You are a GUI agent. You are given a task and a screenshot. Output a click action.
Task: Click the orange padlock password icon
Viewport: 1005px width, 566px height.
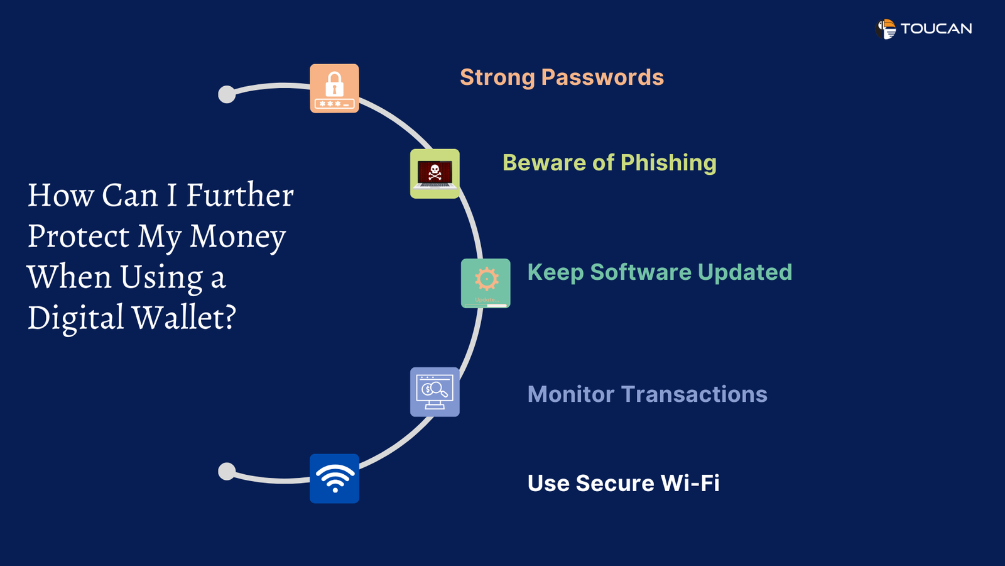(334, 89)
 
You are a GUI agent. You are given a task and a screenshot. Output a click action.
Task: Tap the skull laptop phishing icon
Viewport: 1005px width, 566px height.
(435, 174)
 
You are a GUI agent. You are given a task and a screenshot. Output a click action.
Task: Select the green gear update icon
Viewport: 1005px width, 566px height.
(486, 283)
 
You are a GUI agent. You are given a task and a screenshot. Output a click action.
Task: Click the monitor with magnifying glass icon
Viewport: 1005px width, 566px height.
(435, 392)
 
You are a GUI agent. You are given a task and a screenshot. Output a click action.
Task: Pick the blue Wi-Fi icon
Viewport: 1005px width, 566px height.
(334, 479)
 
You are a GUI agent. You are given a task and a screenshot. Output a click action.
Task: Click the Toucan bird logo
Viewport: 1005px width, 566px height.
(886, 29)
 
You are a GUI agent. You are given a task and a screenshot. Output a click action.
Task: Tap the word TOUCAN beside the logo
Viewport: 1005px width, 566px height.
(936, 29)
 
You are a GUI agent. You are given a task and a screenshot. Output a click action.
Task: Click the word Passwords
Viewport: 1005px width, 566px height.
(602, 77)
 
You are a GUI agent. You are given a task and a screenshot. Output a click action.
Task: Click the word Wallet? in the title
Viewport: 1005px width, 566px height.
(183, 318)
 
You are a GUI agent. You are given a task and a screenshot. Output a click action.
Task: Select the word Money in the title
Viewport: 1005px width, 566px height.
(237, 236)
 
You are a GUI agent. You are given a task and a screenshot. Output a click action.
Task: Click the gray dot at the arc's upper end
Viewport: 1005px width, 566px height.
(227, 94)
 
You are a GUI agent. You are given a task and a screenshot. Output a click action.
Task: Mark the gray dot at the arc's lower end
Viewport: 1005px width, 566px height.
(227, 471)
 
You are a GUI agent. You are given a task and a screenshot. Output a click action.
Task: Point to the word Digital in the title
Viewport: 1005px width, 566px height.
(75, 318)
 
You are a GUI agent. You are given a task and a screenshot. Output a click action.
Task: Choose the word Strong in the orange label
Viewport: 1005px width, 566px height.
(497, 77)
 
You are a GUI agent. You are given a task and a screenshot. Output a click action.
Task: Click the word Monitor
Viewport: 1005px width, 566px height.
(570, 394)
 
